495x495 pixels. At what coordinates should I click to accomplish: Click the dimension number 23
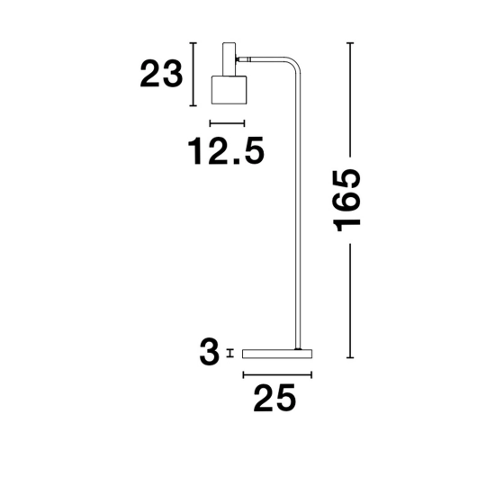coord(161,75)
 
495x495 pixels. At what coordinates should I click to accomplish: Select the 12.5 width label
coord(226,150)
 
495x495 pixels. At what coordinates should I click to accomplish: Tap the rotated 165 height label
coord(346,201)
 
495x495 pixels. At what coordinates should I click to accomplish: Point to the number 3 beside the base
coord(210,352)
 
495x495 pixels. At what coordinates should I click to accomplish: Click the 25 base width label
coord(274,398)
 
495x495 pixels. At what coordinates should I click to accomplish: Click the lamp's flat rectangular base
coord(277,354)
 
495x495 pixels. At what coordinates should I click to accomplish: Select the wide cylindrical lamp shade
coord(229,90)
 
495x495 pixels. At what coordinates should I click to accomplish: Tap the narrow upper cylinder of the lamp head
coord(229,59)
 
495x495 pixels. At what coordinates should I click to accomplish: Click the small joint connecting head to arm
coord(243,59)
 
